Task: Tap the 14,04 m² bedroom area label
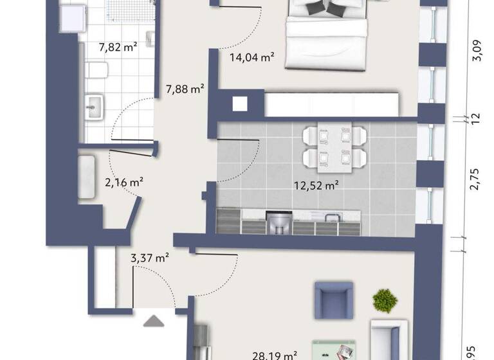pos(252,57)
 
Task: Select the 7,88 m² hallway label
pos(185,89)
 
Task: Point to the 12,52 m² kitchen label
pos(316,186)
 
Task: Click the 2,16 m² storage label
pos(123,182)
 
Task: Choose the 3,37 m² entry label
pos(149,258)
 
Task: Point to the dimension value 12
pos(476,118)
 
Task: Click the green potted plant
pos(385,300)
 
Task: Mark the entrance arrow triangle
pos(153,320)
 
